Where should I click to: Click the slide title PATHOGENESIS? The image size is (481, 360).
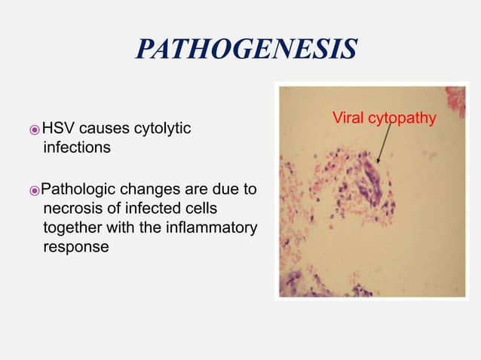point(245,49)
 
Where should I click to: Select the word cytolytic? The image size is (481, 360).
point(163,129)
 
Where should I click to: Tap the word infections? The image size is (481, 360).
point(77,148)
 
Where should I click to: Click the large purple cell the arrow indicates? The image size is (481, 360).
point(372,181)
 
